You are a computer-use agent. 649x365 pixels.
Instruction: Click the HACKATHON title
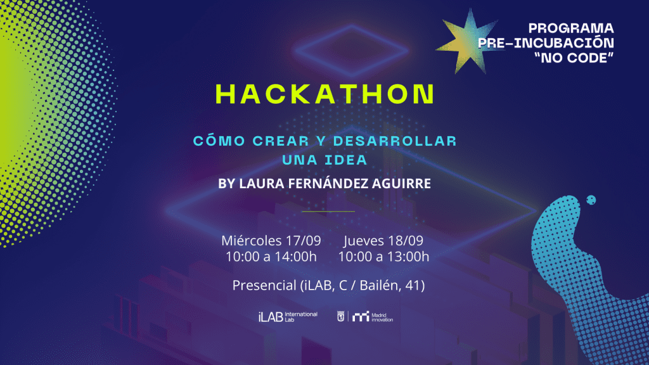[x=325, y=94]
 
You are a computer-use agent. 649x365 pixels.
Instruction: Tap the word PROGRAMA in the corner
[x=571, y=28]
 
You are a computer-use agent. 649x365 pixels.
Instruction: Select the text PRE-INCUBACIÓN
[x=546, y=42]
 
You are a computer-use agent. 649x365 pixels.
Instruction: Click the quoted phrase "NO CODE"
[x=574, y=58]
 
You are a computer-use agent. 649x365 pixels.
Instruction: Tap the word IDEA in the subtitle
[x=345, y=160]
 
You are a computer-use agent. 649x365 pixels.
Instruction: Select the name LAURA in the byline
[x=262, y=183]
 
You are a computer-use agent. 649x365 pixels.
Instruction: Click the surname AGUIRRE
[x=401, y=183]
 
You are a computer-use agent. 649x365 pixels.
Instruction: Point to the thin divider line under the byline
[x=328, y=212]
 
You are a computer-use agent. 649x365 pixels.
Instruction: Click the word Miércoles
[x=251, y=240]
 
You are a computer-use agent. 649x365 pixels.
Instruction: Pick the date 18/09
[x=406, y=240]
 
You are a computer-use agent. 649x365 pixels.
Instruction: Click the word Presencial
[x=264, y=285]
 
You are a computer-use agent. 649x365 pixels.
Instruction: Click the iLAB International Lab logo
[x=288, y=317]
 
